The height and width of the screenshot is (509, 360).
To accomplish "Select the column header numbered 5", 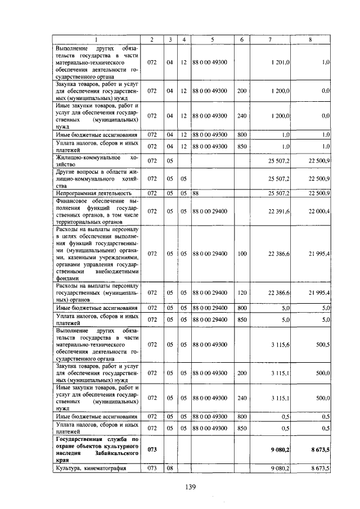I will coord(212,39).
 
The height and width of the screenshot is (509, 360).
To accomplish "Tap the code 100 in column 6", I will coord(242,254).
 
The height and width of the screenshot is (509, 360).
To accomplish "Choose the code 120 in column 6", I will coord(242,292).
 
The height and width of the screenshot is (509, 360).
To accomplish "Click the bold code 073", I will coord(152,449).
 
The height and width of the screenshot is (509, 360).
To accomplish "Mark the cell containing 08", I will coord(169,468).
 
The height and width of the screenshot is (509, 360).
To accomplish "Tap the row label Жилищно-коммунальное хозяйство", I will coord(96,161).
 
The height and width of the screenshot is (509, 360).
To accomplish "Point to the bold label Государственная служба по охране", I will coord(96,449).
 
